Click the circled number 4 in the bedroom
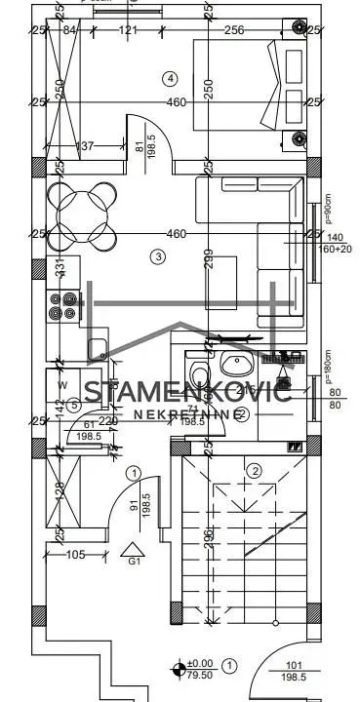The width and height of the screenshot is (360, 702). click(x=171, y=77)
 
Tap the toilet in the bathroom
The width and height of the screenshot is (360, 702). click(x=199, y=376)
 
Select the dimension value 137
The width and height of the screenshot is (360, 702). click(x=85, y=146)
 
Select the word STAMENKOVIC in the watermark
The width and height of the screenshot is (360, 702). click(x=186, y=393)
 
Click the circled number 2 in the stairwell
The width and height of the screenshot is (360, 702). click(x=255, y=471)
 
